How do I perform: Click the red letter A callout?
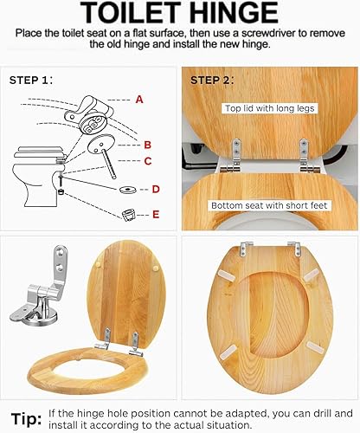[139, 100]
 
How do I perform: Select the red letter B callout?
[148, 145]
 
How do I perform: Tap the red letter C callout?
[148, 161]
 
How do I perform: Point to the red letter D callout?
[156, 190]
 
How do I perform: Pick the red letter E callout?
[156, 215]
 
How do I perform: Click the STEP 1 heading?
[31, 80]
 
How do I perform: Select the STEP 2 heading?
[212, 81]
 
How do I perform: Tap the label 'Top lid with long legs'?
[270, 108]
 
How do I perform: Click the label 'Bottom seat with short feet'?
[269, 205]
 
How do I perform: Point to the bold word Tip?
[26, 419]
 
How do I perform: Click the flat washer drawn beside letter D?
[129, 190]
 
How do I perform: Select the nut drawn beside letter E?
[129, 215]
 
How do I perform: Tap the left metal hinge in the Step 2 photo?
[234, 156]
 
